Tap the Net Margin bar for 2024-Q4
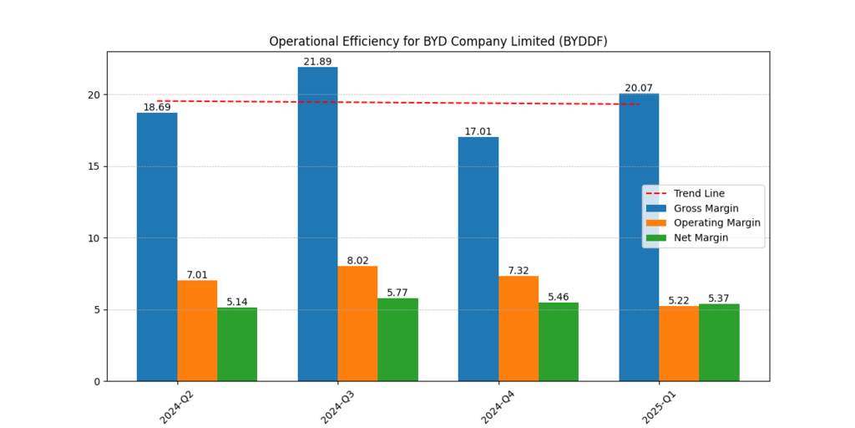[559, 342]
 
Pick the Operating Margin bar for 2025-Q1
[679, 344]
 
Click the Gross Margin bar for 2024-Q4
[478, 259]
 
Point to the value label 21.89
[317, 61]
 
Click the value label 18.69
[157, 107]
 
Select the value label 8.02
[357, 260]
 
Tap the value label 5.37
[719, 298]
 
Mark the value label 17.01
[478, 131]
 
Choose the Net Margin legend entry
[701, 237]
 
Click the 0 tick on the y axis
[97, 381]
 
